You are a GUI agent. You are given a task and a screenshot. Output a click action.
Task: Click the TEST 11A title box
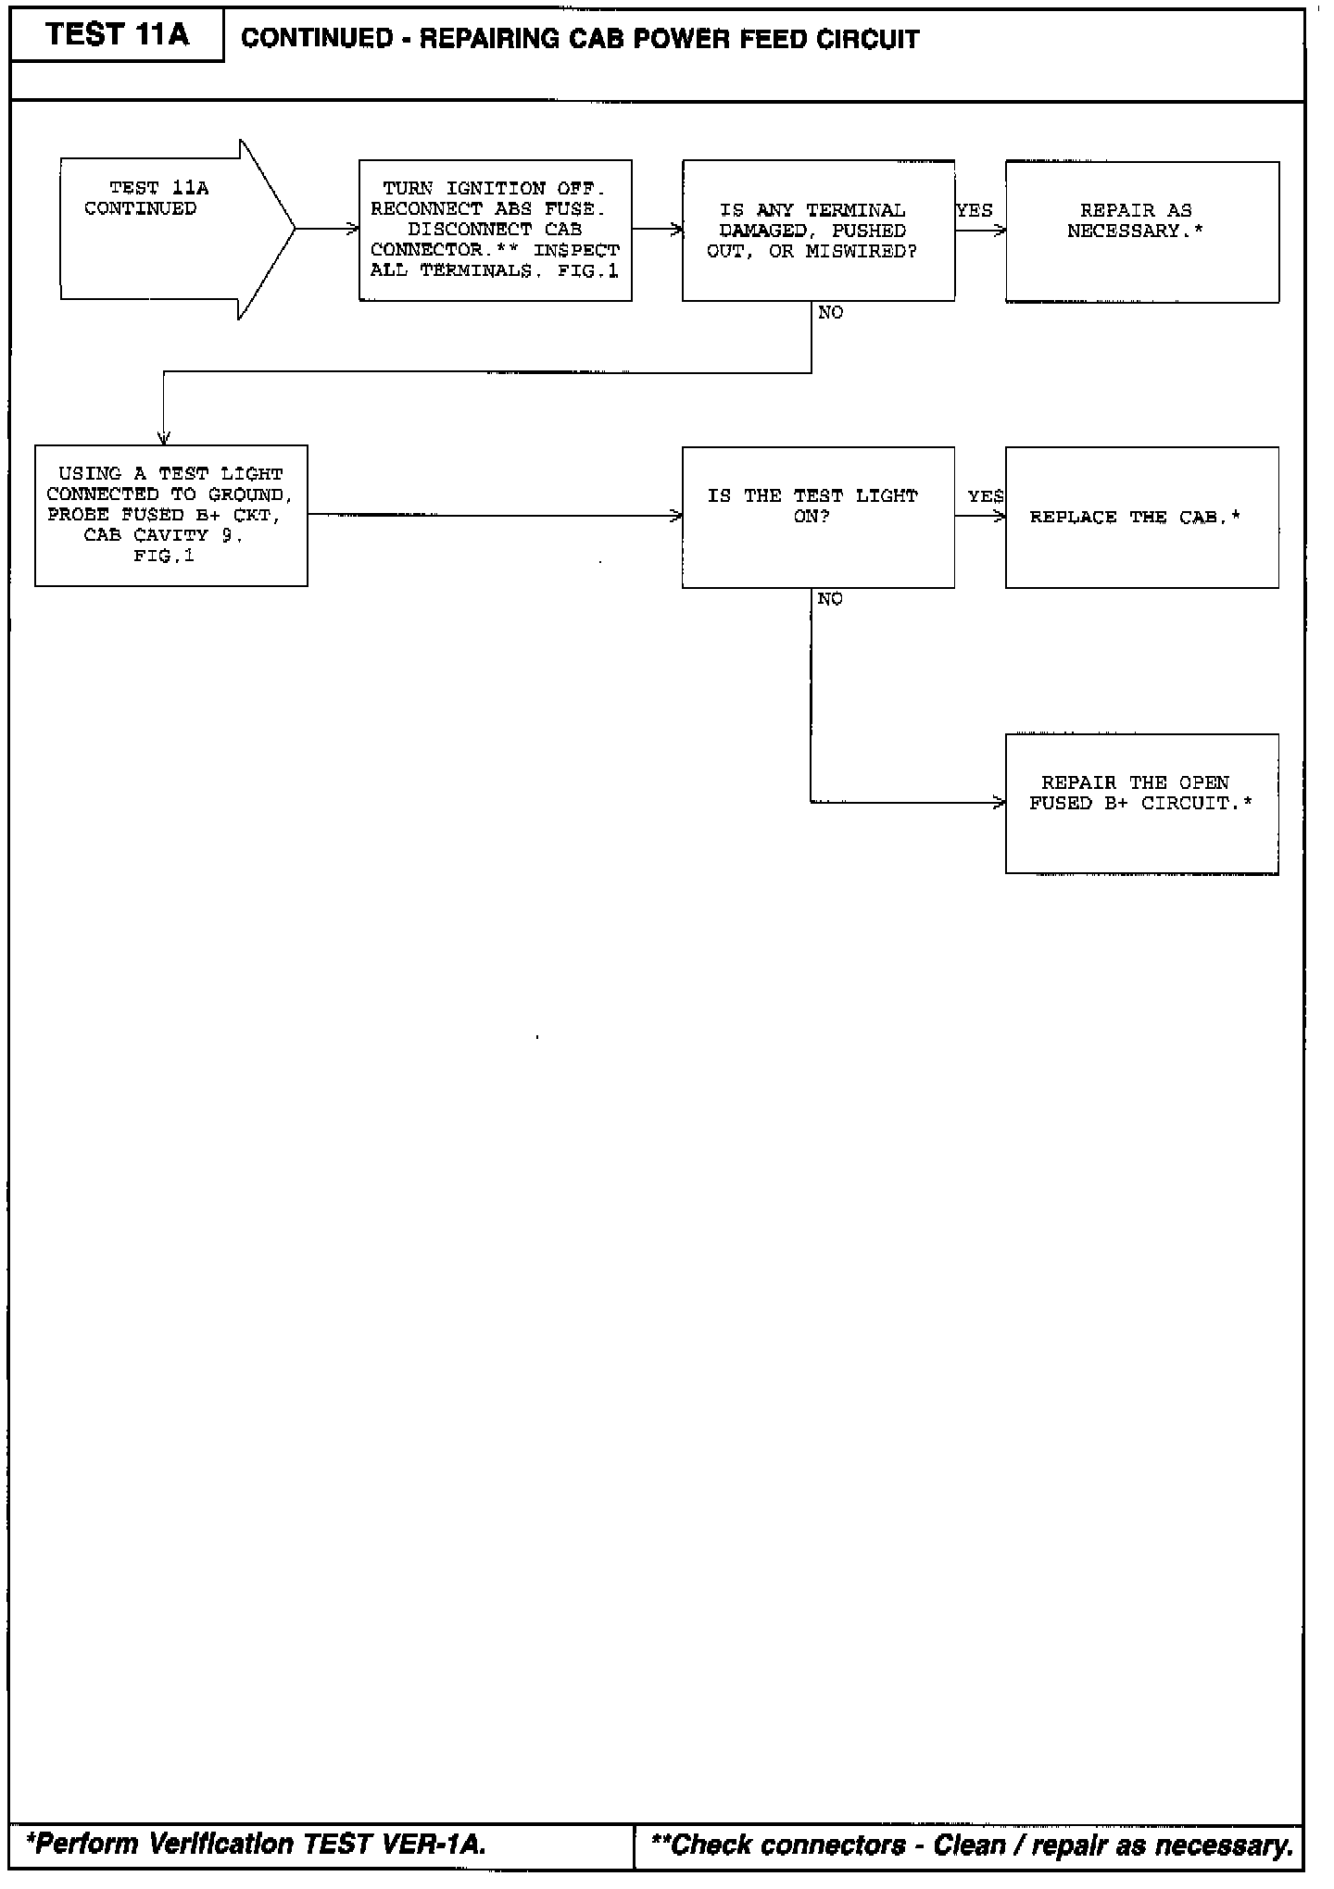click(x=117, y=35)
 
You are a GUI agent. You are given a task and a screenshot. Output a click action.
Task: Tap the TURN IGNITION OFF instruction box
click(x=495, y=230)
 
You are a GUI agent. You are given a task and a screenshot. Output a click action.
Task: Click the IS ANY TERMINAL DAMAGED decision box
click(x=818, y=231)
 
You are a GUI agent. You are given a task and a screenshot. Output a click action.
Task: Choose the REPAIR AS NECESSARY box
click(x=1141, y=231)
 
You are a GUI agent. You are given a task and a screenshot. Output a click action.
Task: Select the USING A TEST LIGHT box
click(x=170, y=515)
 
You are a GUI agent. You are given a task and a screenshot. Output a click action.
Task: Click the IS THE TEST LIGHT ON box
click(x=818, y=517)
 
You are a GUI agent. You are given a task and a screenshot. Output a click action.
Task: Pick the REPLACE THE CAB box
click(x=1141, y=517)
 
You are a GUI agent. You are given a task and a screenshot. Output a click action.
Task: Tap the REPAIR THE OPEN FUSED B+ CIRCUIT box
click(x=1141, y=803)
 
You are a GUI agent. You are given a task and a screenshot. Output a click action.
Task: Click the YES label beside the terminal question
click(x=975, y=211)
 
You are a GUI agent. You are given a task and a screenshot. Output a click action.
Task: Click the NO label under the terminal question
click(x=831, y=313)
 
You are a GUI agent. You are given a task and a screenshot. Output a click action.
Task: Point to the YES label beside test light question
click(x=986, y=496)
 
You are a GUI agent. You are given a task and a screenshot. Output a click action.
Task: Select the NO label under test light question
click(x=830, y=599)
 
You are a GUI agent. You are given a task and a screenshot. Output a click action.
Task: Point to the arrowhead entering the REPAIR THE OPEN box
click(x=999, y=803)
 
